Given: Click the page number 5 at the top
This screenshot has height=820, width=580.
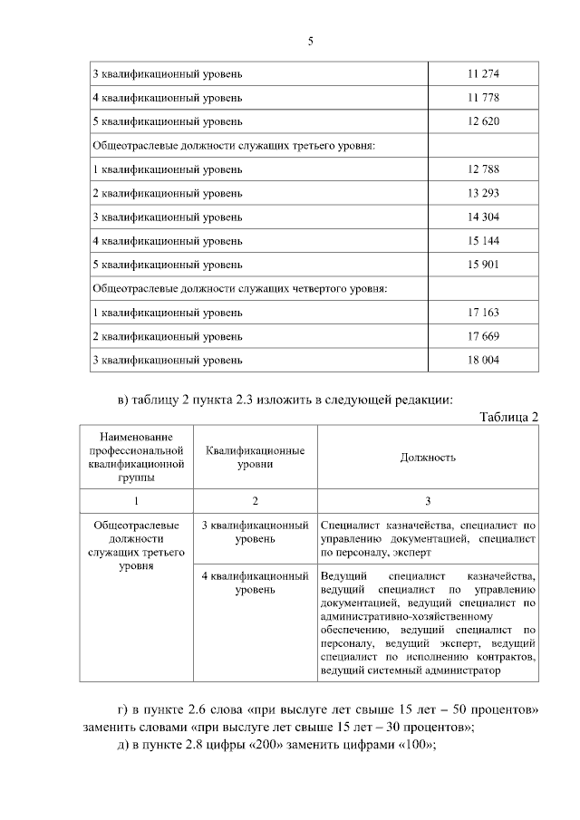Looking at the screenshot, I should click(309, 41).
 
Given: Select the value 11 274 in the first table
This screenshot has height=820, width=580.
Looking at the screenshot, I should click(483, 73).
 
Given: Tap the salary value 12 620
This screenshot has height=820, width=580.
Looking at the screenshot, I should click(483, 121).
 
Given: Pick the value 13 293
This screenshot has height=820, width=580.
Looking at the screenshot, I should click(483, 193).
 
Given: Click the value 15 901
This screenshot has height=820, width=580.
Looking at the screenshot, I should click(483, 265).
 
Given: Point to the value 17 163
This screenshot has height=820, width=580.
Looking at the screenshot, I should click(483, 313).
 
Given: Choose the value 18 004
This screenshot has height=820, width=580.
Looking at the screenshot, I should click(483, 360).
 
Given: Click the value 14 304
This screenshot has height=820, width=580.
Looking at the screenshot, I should click(483, 217).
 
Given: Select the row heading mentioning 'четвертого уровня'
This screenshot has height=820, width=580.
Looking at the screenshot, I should click(240, 289).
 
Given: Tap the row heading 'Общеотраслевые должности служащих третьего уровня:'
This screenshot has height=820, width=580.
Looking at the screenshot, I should click(234, 145).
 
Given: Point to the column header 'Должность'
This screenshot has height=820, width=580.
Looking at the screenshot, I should click(428, 457).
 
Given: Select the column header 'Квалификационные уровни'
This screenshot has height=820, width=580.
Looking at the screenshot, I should click(255, 457).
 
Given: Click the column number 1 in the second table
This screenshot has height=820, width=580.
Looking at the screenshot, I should click(137, 501).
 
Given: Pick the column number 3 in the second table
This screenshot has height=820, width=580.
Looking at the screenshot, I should click(428, 501).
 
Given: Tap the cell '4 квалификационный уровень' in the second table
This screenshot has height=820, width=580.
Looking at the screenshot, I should click(255, 583).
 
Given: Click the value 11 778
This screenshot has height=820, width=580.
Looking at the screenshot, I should click(483, 97).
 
